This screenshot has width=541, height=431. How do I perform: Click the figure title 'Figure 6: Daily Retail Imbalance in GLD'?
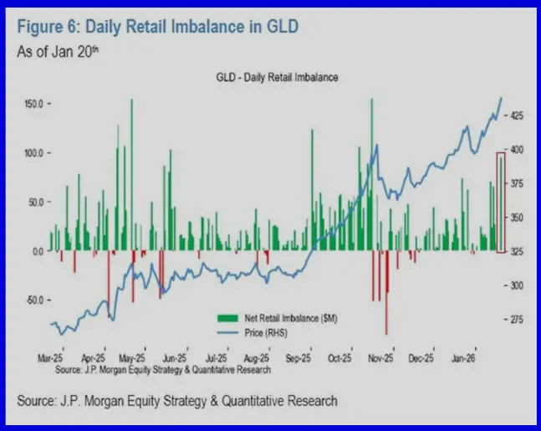157,28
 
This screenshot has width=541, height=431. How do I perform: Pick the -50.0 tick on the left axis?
33,300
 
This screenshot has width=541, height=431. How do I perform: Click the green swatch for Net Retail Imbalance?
227,319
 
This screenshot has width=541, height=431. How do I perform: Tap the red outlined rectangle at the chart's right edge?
501,202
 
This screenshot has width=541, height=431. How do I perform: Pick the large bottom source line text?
177,401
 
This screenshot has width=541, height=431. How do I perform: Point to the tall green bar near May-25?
131,175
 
